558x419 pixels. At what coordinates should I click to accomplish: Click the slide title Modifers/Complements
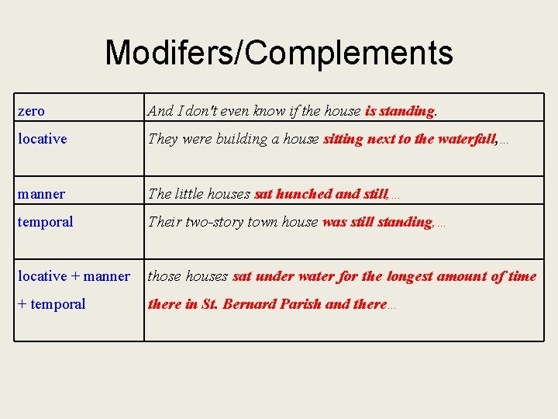(x=279, y=53)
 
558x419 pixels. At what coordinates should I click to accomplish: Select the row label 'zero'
(x=32, y=112)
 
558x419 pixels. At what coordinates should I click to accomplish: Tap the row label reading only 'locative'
(x=43, y=140)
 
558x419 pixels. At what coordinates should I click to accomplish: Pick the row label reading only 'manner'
(x=42, y=194)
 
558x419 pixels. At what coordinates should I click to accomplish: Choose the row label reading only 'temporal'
(x=46, y=222)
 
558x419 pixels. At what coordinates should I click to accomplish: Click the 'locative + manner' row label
(x=74, y=276)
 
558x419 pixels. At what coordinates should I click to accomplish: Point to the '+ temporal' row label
(x=52, y=304)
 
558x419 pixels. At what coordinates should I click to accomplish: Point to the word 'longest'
(x=408, y=276)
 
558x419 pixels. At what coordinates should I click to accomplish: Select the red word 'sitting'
(x=344, y=140)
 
